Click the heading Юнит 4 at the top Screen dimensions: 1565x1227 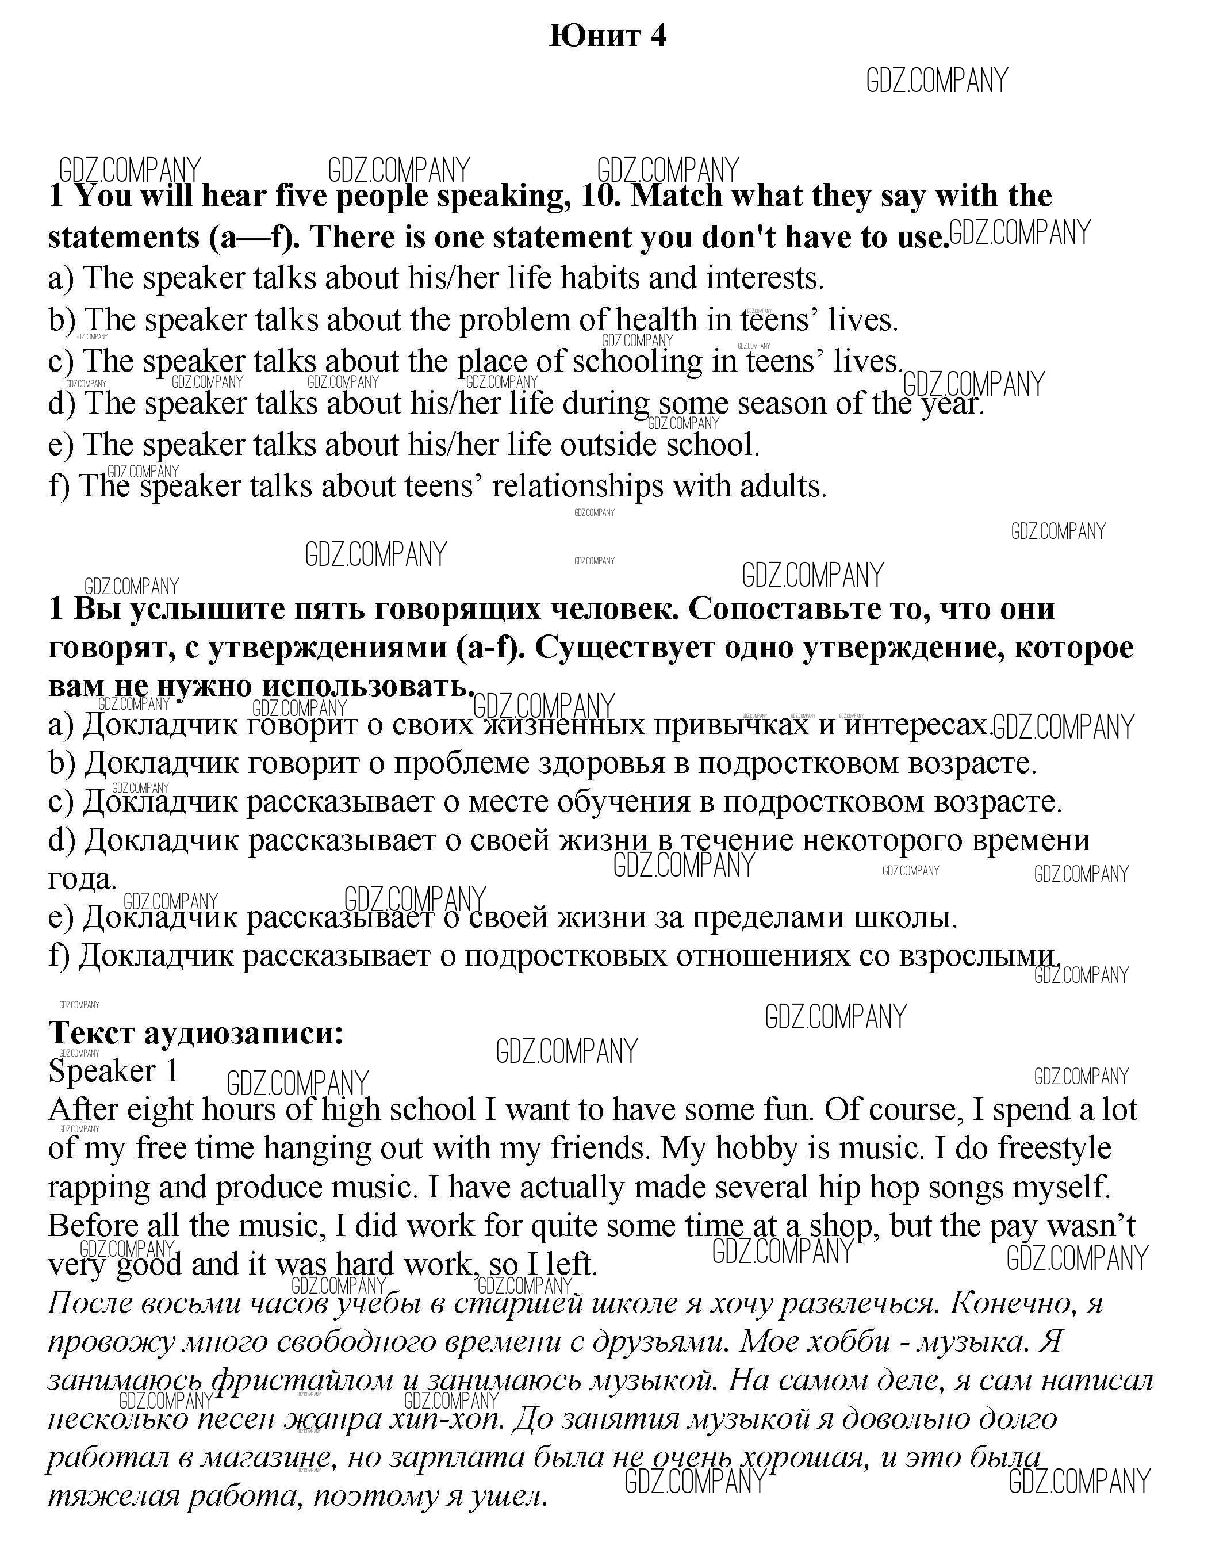pos(608,35)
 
